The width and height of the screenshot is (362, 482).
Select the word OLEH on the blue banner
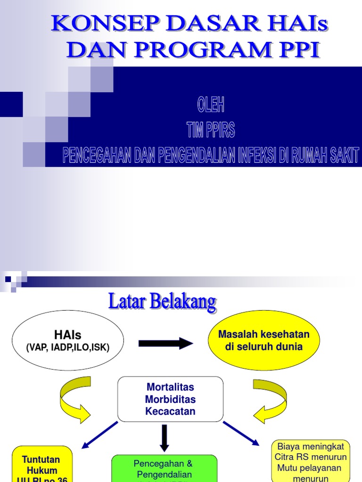point(210,106)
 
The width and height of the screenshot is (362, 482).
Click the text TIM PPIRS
point(210,130)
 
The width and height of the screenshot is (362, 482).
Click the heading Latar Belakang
point(162,302)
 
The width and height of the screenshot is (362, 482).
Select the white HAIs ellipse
point(67,340)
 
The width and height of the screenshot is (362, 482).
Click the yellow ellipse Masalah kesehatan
point(264,340)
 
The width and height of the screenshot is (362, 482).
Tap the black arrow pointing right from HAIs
point(165,344)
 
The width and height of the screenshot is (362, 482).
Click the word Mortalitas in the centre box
point(170,387)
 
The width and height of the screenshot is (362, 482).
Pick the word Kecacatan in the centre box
point(170,411)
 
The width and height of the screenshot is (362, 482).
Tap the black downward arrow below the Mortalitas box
point(164,437)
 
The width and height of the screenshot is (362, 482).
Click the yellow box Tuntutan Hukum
point(42,465)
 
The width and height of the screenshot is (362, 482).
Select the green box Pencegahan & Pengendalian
point(164,469)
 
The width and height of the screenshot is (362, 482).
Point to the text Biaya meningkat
point(311,446)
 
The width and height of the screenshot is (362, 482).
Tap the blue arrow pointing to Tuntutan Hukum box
point(100,434)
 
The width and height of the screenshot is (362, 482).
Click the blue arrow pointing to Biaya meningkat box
point(241,433)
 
